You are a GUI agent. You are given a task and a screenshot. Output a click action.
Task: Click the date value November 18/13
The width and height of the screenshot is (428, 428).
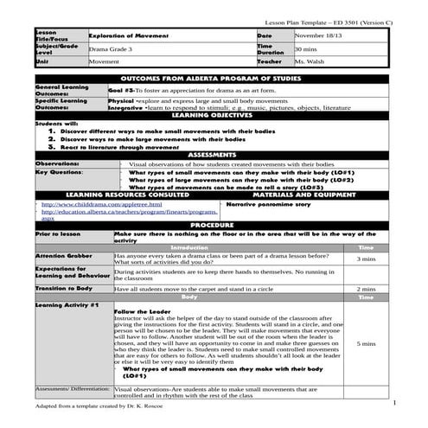321,35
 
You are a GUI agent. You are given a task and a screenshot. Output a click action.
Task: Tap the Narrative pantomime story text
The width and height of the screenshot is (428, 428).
267,205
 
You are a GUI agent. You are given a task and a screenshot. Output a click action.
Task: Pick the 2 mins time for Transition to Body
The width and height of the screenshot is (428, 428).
366,289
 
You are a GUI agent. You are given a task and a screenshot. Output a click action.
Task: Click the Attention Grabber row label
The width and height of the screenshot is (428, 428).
64,257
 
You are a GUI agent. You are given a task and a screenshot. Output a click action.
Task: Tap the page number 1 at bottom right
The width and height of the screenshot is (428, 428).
393,403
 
